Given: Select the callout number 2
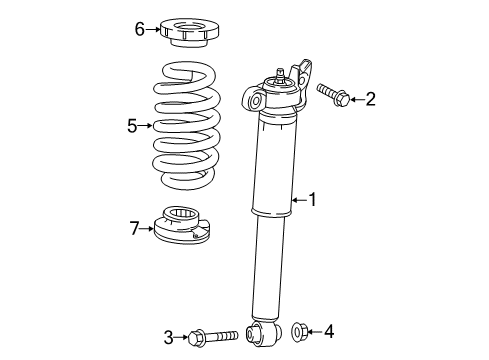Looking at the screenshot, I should pos(370,98).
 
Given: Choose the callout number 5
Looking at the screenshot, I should pos(130,126).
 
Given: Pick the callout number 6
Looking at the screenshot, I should pos(140,29).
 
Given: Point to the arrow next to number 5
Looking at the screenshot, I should pos(145,126).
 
